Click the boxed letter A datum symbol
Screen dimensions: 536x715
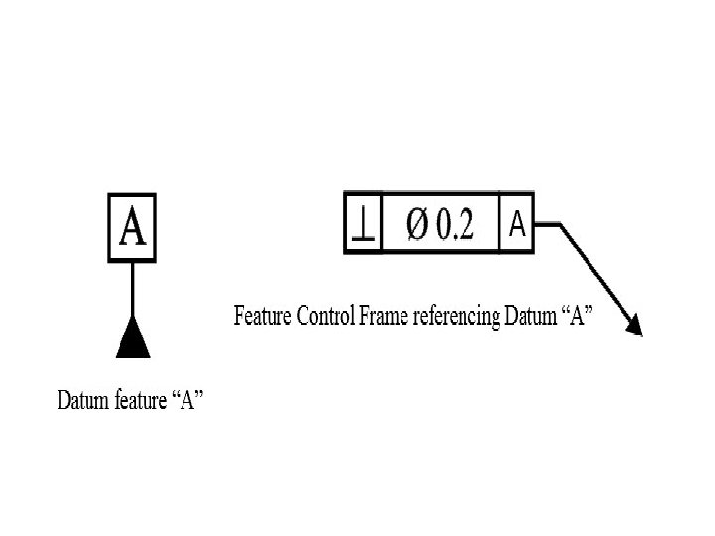(x=132, y=226)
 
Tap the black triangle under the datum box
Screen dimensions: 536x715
(x=133, y=339)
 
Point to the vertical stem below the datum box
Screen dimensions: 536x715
(x=133, y=290)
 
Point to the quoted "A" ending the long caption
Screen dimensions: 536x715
(x=578, y=317)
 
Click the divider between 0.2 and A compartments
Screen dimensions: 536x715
(x=500, y=223)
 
